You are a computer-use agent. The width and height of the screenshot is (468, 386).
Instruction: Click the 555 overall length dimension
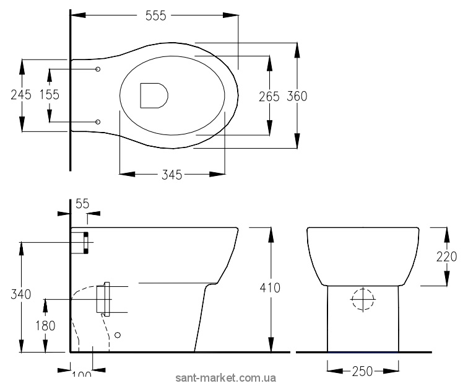point(155,17)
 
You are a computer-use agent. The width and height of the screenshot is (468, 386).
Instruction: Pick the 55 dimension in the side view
point(82,203)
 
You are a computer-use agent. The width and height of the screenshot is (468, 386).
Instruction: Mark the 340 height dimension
point(21,295)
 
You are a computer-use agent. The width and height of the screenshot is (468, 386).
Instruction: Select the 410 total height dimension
point(270,288)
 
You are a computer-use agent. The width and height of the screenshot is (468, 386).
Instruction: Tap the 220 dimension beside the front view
point(446,256)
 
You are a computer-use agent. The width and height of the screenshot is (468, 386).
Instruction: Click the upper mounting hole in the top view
point(98,69)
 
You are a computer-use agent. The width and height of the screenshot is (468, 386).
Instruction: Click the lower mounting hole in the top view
point(98,121)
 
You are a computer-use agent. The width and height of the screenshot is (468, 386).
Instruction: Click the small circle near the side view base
point(118,335)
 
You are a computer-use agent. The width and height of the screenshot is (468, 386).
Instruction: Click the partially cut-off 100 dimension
point(80,375)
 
